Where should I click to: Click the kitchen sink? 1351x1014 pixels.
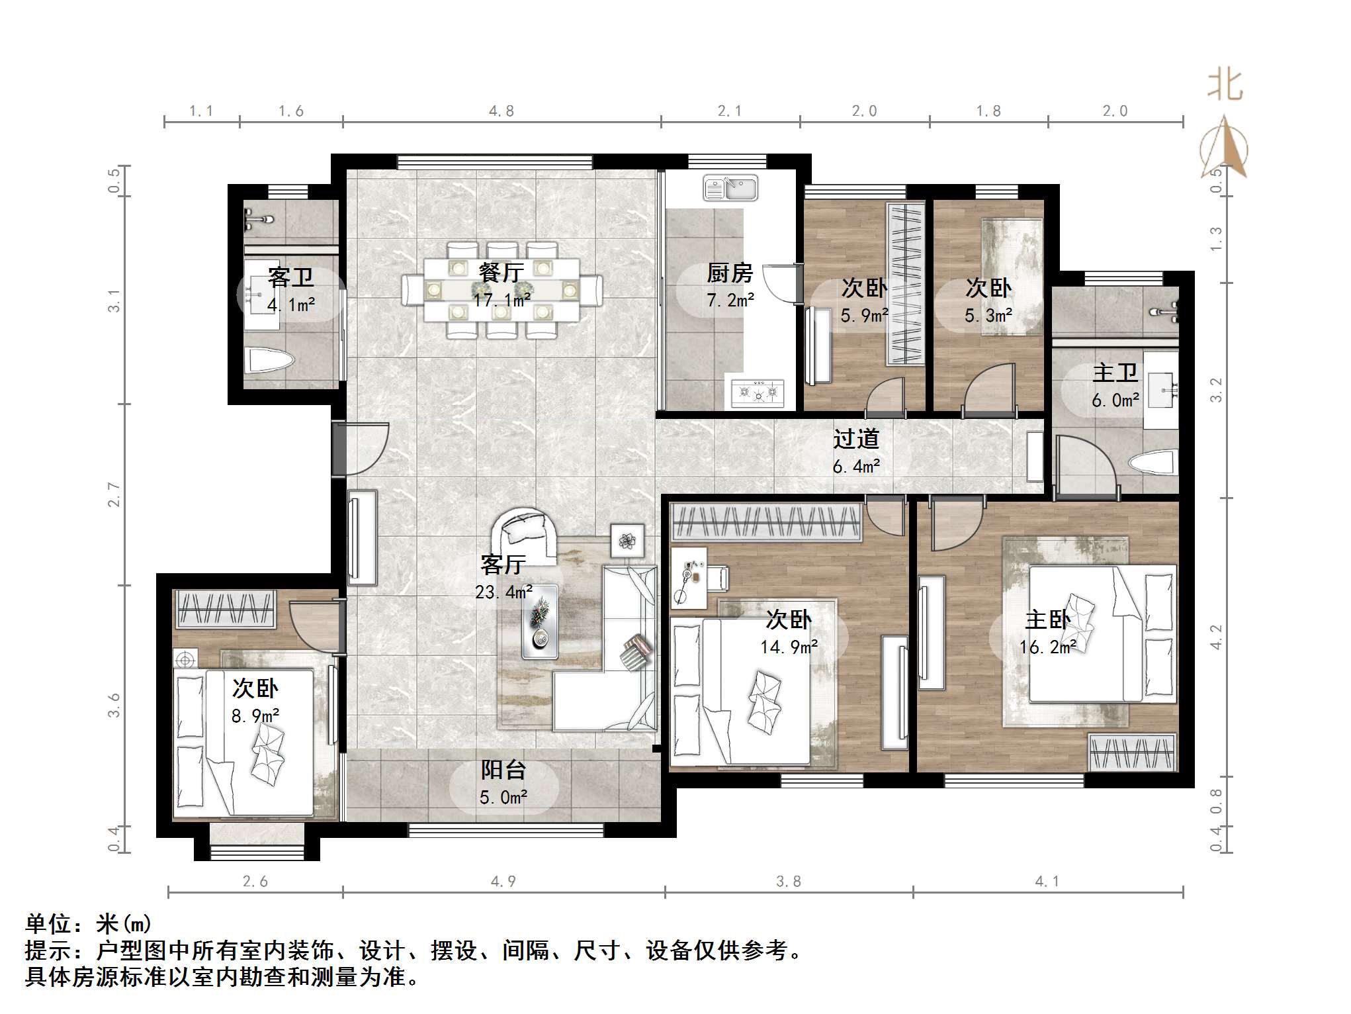pyautogui.click(x=730, y=189)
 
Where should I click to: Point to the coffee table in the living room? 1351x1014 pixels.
pyautogui.click(x=540, y=622)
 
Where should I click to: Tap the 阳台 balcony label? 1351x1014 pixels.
pyautogui.click(x=503, y=770)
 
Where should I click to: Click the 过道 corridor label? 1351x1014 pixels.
pyautogui.click(x=856, y=439)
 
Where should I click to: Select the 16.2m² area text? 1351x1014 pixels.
pyautogui.click(x=1048, y=647)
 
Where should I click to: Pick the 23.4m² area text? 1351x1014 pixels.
pyautogui.click(x=503, y=592)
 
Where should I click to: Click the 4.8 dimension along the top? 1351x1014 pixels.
pyautogui.click(x=501, y=111)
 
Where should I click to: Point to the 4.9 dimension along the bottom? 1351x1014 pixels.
pyautogui.click(x=503, y=881)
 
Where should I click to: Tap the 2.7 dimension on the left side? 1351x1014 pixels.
pyautogui.click(x=114, y=494)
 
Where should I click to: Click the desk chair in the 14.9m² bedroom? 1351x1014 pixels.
pyautogui.click(x=718, y=578)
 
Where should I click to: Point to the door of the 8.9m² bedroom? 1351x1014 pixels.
pyautogui.click(x=316, y=626)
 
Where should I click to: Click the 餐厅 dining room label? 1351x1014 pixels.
pyautogui.click(x=501, y=272)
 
